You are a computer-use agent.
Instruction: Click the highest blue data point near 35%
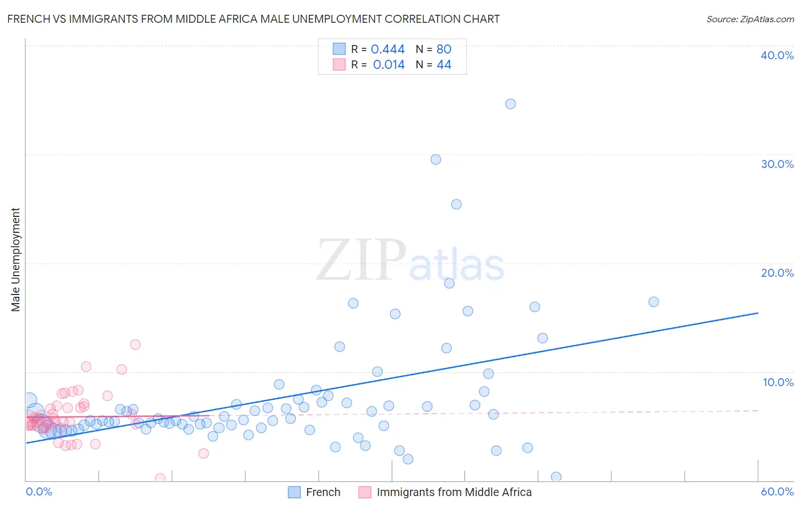point(510,104)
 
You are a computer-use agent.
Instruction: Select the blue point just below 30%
point(436,159)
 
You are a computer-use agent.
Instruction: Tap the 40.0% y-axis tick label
point(777,55)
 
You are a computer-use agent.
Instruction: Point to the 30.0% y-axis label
point(777,164)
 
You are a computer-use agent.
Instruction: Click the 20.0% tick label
point(777,273)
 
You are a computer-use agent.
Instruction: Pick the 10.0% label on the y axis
point(778,382)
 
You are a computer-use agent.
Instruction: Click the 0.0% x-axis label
point(39,491)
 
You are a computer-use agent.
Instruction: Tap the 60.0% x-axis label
point(777,491)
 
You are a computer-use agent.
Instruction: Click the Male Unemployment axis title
point(15,260)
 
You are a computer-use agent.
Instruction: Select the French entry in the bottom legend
point(322,492)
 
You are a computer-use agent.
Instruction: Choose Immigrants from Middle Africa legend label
point(453,492)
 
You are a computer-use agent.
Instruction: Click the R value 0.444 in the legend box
point(387,50)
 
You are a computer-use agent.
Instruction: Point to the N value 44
point(444,65)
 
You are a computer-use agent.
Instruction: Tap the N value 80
point(444,50)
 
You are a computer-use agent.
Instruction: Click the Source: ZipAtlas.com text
point(750,19)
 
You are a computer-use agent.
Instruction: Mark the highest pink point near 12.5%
point(135,345)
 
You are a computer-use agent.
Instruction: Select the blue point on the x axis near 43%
point(556,477)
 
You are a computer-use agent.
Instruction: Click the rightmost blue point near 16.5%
point(653,302)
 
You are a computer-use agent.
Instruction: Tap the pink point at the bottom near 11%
point(160,478)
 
